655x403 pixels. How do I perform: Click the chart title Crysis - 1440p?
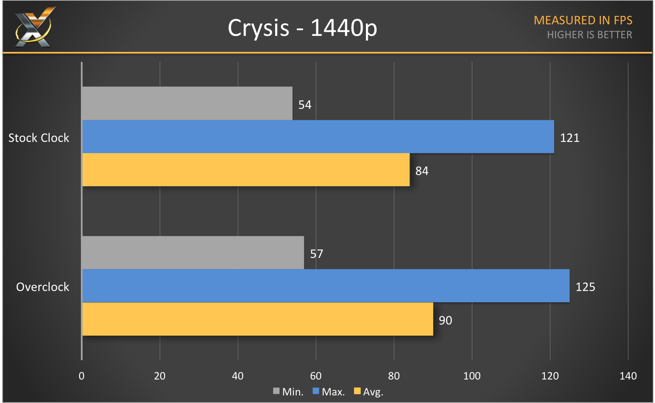tap(302, 28)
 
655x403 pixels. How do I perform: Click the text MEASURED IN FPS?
tap(583, 20)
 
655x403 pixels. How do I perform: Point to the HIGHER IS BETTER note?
tap(589, 35)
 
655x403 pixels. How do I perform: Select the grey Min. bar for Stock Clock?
tap(187, 103)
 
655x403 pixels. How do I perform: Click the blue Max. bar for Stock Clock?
tap(318, 137)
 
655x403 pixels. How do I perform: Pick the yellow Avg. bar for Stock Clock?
tap(246, 170)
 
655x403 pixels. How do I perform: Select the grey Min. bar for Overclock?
tap(193, 253)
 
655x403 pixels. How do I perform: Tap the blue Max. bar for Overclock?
tap(326, 286)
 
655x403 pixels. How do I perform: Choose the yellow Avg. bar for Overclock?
tap(257, 319)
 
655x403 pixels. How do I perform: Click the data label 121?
tap(569, 138)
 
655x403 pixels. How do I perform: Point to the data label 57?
tap(317, 254)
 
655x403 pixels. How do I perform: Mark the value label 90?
tap(445, 320)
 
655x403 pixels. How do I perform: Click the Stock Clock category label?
tap(39, 138)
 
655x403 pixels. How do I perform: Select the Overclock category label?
tap(43, 287)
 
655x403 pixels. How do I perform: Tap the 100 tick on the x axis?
tap(472, 376)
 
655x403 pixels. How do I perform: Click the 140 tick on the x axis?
tap(628, 376)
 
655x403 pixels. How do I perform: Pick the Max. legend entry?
tap(329, 392)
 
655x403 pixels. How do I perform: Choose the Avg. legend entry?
tap(369, 392)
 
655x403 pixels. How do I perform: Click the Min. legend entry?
tap(288, 392)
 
